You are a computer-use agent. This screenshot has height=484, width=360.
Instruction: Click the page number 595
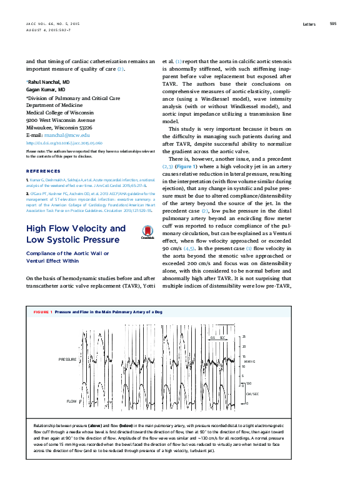[x=333, y=24]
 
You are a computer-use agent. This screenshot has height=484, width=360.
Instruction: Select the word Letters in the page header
[x=309, y=24]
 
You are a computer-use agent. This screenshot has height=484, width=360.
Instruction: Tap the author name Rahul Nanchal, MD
[x=48, y=82]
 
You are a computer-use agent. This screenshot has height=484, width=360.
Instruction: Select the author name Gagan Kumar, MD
[x=45, y=90]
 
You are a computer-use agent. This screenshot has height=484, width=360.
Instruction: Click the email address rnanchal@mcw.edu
[x=66, y=134]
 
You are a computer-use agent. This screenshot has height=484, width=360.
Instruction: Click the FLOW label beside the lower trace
[x=71, y=401]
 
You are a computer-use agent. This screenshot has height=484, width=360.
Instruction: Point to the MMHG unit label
[x=249, y=361]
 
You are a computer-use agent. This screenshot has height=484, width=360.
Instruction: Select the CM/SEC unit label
[x=251, y=394]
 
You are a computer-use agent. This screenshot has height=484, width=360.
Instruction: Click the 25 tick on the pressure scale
[x=244, y=336]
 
